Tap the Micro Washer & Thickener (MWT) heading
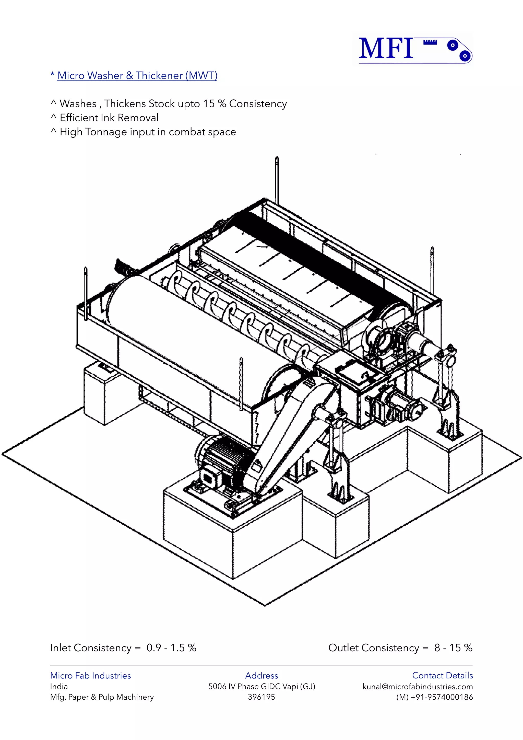click(x=137, y=75)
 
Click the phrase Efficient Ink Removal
click(x=109, y=118)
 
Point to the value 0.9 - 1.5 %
click(x=171, y=648)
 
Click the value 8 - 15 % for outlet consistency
click(x=453, y=648)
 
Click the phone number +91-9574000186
click(x=441, y=697)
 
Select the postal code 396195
click(x=261, y=697)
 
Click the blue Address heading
click(x=261, y=676)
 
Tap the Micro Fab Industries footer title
click(x=90, y=676)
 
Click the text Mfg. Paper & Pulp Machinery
click(x=102, y=697)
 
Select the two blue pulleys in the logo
click(x=459, y=50)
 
